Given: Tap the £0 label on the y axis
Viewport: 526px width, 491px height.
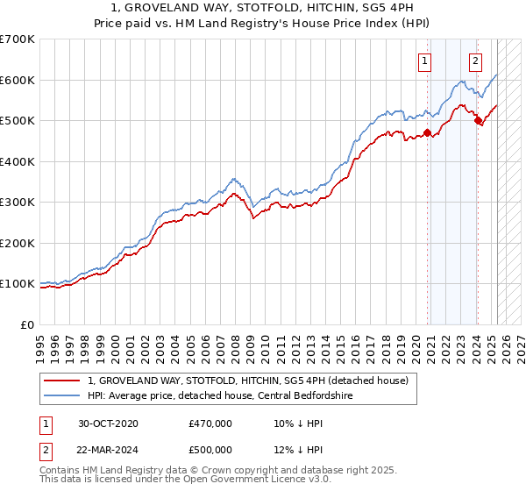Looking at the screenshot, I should click(x=27, y=324).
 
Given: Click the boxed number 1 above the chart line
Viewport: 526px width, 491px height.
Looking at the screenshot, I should click(x=425, y=61).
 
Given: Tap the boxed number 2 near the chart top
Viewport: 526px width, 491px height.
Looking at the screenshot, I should click(x=475, y=61).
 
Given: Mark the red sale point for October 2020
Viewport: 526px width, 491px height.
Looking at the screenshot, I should click(x=427, y=133).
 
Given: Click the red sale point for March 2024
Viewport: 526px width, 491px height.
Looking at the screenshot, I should click(x=478, y=121).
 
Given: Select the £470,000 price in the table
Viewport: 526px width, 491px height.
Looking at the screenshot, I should click(x=210, y=423).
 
